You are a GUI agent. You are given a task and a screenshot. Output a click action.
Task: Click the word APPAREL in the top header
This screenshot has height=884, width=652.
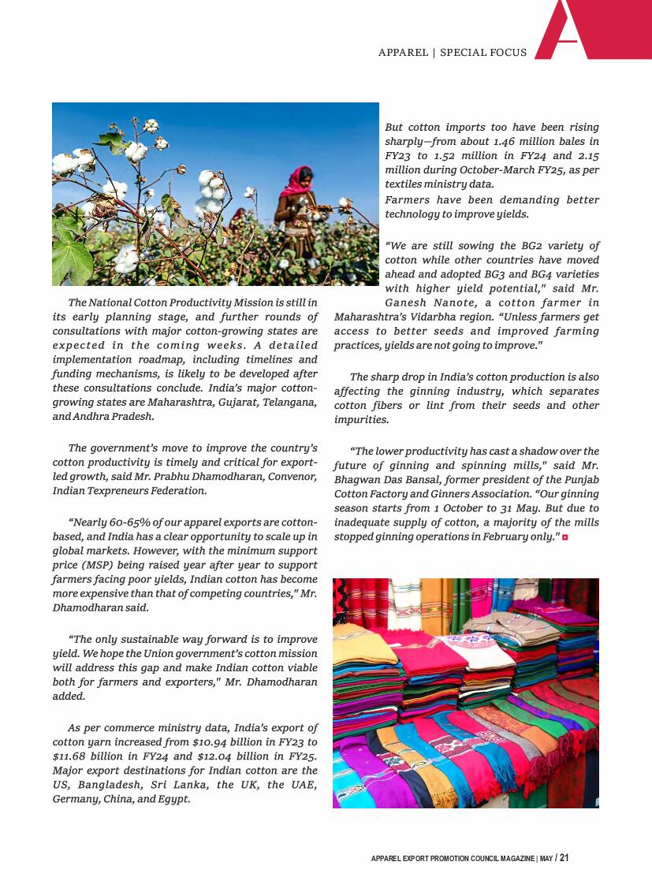(x=403, y=53)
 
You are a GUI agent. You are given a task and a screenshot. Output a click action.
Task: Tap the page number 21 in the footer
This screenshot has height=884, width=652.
(x=564, y=858)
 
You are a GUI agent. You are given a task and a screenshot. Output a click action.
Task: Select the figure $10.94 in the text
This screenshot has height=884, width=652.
(x=211, y=742)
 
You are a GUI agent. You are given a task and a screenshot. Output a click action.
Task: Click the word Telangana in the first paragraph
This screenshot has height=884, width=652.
(x=290, y=403)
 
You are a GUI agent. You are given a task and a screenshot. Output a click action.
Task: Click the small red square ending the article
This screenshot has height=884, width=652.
(x=565, y=537)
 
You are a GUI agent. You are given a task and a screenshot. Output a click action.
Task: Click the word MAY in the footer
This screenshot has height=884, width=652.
(x=546, y=859)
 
